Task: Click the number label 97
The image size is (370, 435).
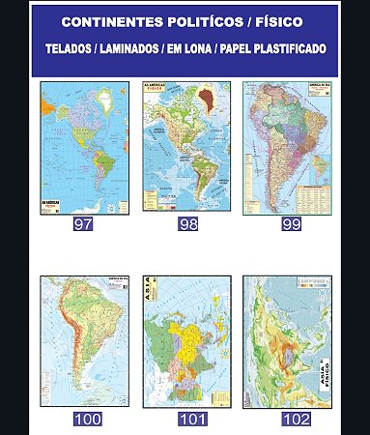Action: [83, 224]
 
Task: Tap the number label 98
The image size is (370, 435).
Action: [187, 224]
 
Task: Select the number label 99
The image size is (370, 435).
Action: [292, 224]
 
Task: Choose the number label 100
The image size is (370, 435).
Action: [88, 419]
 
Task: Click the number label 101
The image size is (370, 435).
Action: [192, 419]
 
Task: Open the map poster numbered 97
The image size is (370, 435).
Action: [83, 148]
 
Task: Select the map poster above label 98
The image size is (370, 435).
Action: [186, 148]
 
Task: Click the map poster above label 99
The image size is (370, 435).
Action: [287, 148]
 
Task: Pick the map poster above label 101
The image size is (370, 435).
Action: [186, 341]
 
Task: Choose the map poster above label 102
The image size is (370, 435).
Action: [287, 341]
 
